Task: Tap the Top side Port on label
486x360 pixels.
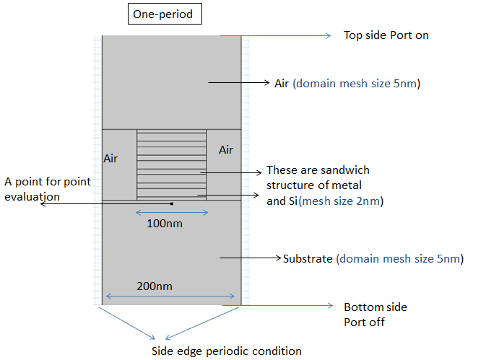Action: pos(386,35)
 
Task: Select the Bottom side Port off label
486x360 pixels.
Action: pos(375,315)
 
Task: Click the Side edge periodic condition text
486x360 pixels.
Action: pos(226,351)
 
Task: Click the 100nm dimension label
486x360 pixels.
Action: pos(164,224)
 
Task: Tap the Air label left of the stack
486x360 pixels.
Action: pos(110,158)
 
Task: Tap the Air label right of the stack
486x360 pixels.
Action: pos(226,150)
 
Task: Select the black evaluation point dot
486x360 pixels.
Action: pos(172,203)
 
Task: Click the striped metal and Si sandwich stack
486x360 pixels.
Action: pos(172,164)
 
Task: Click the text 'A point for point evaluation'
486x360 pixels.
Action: pos(48,188)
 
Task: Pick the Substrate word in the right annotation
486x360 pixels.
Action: pos(308,258)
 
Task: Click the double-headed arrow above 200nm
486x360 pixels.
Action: pos(170,295)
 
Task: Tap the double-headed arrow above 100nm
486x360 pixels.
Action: pos(172,212)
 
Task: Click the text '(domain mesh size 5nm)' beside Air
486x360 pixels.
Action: pos(357,83)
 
